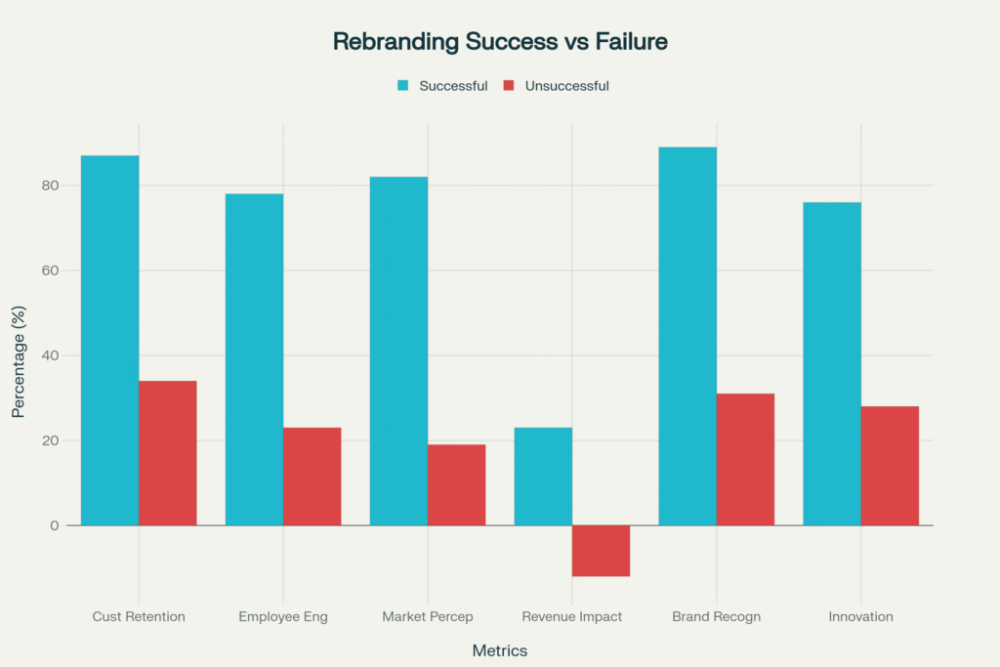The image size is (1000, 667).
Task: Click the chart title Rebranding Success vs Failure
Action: pyautogui.click(x=499, y=41)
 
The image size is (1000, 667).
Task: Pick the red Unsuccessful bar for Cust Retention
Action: pyautogui.click(x=167, y=453)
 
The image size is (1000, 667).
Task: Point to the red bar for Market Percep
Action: pyautogui.click(x=456, y=484)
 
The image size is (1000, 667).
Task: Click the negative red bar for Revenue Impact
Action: pyautogui.click(x=601, y=551)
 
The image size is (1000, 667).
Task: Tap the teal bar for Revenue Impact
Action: pyautogui.click(x=543, y=477)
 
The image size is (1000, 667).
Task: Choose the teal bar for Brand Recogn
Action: pyautogui.click(x=687, y=336)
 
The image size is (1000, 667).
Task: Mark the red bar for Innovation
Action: pyautogui.click(x=890, y=466)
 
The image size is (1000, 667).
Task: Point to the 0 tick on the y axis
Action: pyautogui.click(x=55, y=525)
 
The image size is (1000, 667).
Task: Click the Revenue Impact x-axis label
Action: pyautogui.click(x=572, y=617)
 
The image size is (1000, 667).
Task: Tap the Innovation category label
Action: pyautogui.click(x=860, y=617)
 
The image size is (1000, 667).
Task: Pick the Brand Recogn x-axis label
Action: pyautogui.click(x=717, y=617)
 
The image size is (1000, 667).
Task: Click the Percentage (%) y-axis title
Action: pyautogui.click(x=19, y=361)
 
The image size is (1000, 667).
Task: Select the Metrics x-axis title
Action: pyautogui.click(x=500, y=650)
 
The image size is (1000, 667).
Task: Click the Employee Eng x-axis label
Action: pyautogui.click(x=283, y=617)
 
